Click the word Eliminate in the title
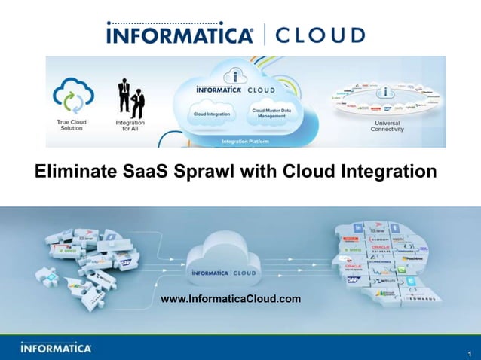coord(74,173)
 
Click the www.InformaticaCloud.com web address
coord(231,300)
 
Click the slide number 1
coord(468,352)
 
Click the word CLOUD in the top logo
coord(320,35)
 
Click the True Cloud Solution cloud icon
coord(73,96)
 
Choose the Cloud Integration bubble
coord(212,114)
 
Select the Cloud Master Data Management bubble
coord(269,114)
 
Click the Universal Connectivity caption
coord(388,125)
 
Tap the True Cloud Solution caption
coord(72,125)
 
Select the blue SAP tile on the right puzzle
coord(351,279)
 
